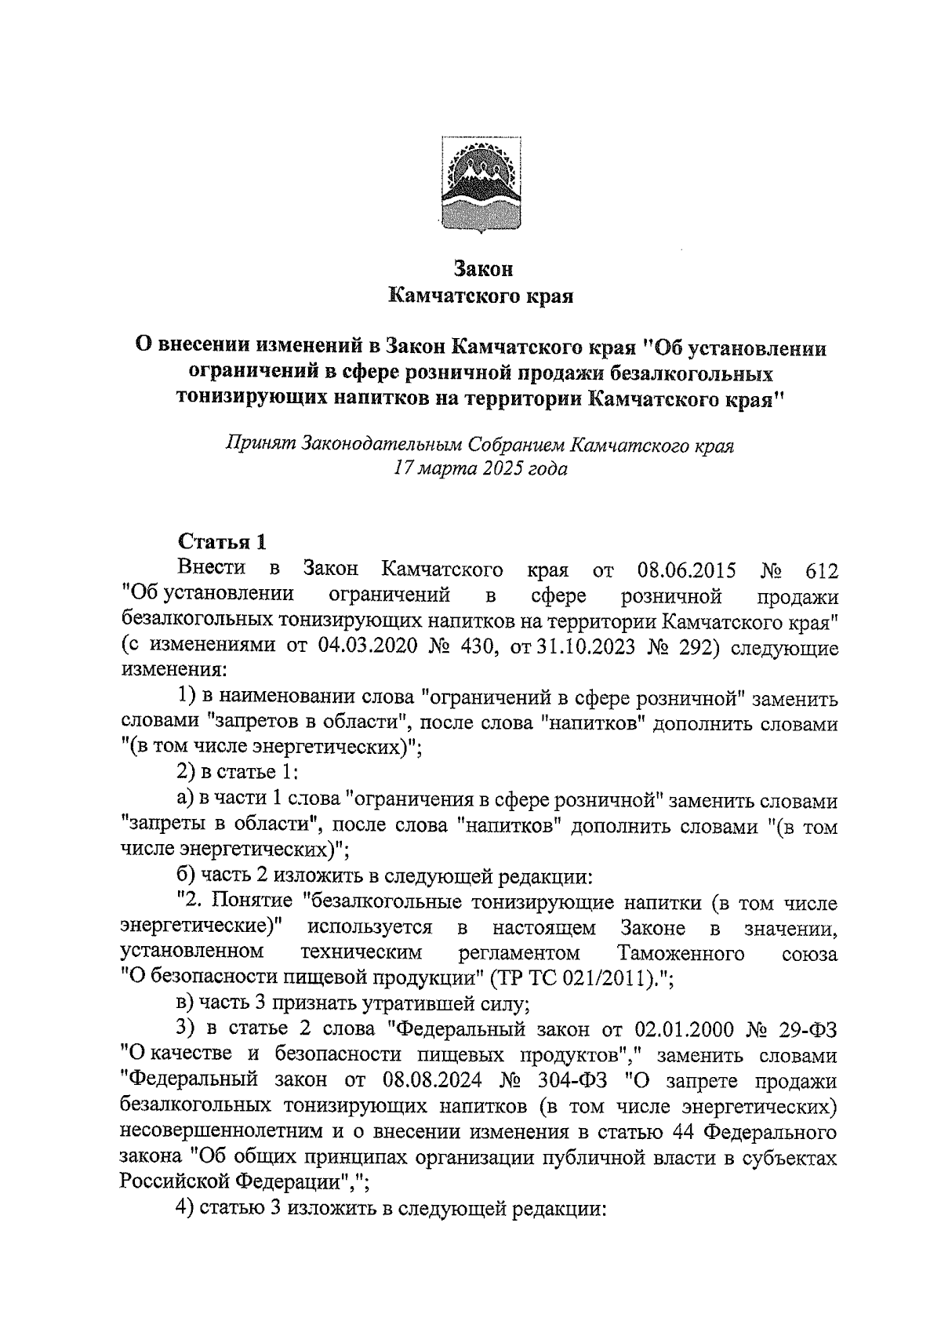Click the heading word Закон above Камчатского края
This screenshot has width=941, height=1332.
click(x=483, y=269)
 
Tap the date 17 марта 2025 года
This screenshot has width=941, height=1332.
click(x=480, y=470)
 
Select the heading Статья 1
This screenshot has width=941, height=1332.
click(x=223, y=541)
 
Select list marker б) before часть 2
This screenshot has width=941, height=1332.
click(x=188, y=875)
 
